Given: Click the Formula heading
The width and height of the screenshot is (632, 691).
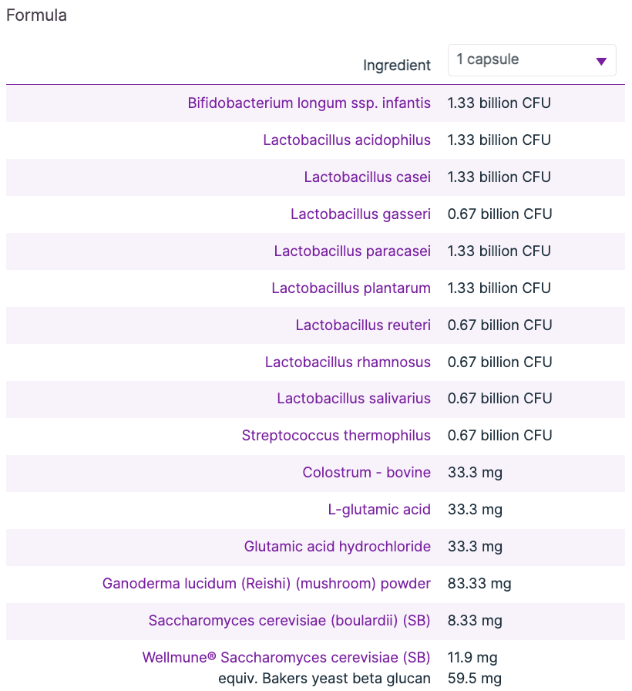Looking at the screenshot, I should pyautogui.click(x=36, y=15).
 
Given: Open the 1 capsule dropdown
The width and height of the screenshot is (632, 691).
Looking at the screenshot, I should pyautogui.click(x=531, y=60).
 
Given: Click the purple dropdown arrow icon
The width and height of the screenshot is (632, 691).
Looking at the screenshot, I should pyautogui.click(x=601, y=61).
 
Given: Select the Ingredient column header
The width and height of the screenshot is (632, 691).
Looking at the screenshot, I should pyautogui.click(x=397, y=66).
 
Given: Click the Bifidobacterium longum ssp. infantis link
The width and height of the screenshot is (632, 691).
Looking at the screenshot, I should pyautogui.click(x=309, y=103).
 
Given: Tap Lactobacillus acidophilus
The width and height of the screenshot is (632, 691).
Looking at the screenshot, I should pyautogui.click(x=347, y=140).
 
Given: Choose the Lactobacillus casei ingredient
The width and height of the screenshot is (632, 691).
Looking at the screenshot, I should pyautogui.click(x=367, y=177).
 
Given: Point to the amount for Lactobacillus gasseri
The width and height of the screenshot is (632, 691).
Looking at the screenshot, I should pyautogui.click(x=499, y=214).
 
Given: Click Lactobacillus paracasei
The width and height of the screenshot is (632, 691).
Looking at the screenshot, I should pyautogui.click(x=352, y=251).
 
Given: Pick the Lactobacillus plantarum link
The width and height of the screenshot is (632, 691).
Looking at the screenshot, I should pyautogui.click(x=351, y=288).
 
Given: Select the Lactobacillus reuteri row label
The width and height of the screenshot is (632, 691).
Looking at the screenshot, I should pyautogui.click(x=363, y=325).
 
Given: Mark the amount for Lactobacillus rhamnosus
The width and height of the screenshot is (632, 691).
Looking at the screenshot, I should pyautogui.click(x=499, y=362).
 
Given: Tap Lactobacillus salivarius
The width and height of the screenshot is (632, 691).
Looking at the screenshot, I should pyautogui.click(x=354, y=399).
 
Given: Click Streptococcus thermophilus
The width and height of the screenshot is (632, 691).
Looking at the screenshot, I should pyautogui.click(x=336, y=436).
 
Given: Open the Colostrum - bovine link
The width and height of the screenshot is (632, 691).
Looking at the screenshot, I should pyautogui.click(x=366, y=473).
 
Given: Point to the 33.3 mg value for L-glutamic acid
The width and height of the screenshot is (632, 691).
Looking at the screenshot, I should pyautogui.click(x=475, y=510).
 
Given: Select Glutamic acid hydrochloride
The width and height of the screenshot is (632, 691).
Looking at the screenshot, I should pyautogui.click(x=338, y=547).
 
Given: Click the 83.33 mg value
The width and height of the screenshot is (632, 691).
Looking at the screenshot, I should pyautogui.click(x=479, y=584).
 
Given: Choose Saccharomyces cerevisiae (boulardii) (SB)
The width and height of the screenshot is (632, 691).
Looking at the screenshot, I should pyautogui.click(x=289, y=621).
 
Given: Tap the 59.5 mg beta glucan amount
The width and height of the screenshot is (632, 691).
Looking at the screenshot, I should pyautogui.click(x=475, y=679).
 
